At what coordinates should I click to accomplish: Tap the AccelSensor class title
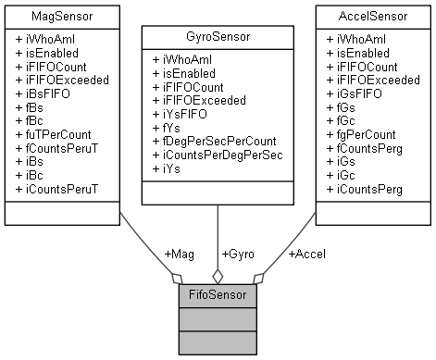[x=374, y=17]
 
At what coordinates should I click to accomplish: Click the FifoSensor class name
[x=218, y=296]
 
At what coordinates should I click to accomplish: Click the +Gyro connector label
[x=240, y=254]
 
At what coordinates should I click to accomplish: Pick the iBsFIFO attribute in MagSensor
[x=54, y=93]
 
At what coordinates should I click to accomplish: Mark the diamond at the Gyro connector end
[x=218, y=275]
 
